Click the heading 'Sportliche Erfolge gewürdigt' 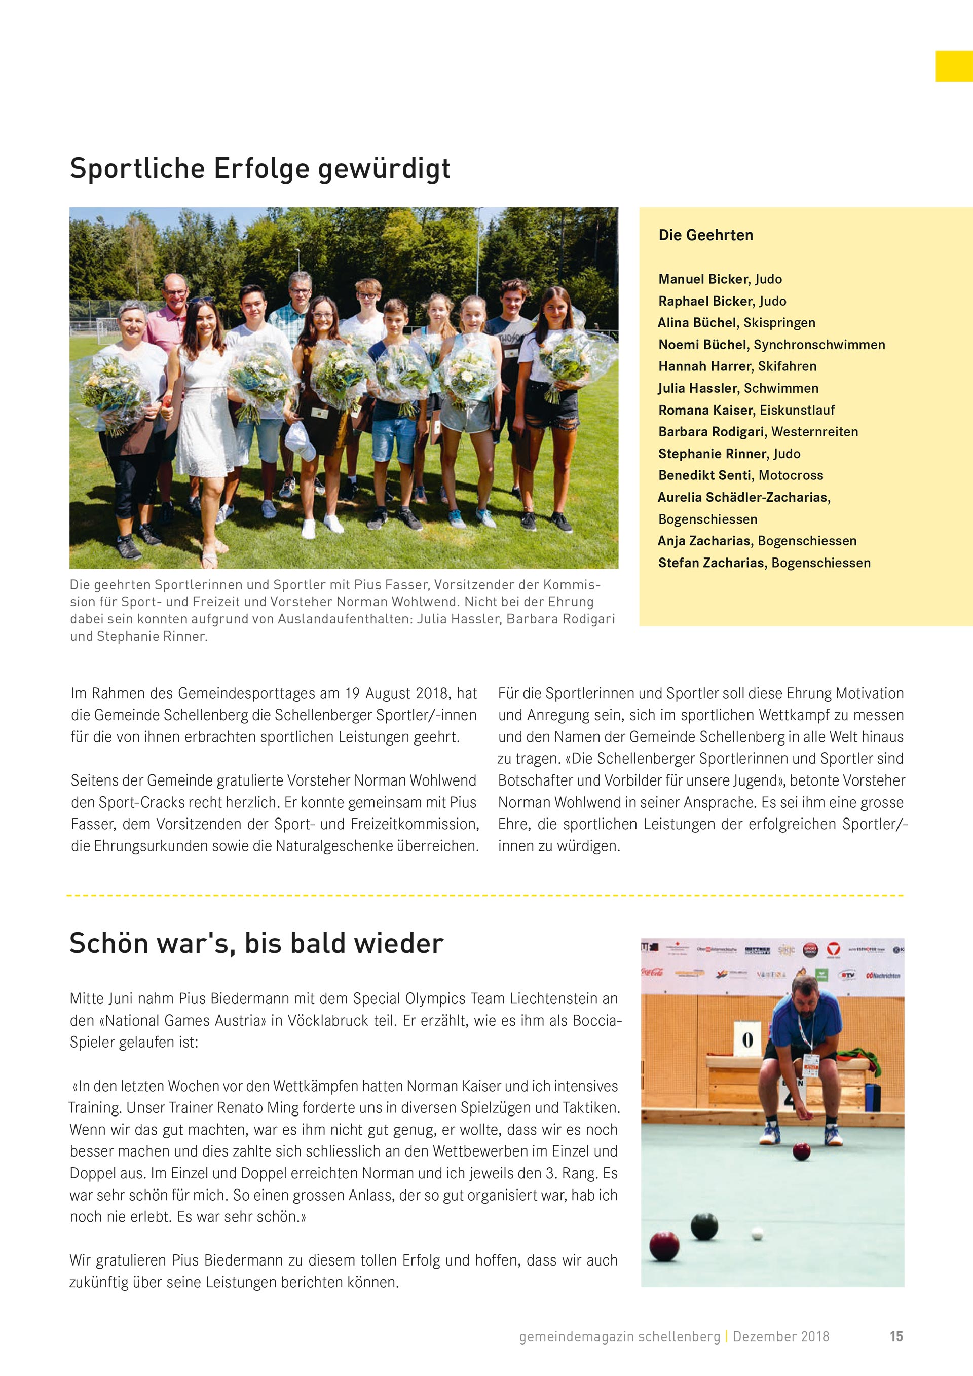(260, 168)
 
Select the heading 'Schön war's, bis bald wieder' (256, 943)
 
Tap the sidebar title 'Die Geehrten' (705, 235)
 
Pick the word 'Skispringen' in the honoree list (779, 322)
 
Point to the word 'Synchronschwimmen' (819, 345)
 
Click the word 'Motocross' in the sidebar (791, 475)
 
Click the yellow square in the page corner (954, 66)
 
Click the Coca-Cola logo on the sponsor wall (652, 972)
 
